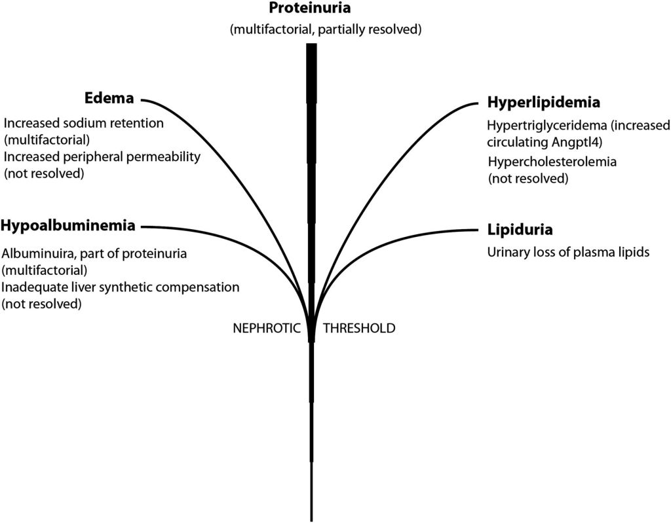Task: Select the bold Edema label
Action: [109, 99]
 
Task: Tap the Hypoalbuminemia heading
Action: [68, 226]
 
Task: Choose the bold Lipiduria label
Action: [520, 230]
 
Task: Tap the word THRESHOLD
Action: [360, 328]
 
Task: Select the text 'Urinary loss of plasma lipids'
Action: [568, 252]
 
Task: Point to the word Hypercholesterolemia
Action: [553, 161]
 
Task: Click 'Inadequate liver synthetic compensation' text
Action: [121, 287]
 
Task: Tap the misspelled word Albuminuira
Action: [32, 253]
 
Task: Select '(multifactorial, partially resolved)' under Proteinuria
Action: [325, 30]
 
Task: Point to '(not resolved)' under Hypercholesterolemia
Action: [527, 179]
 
